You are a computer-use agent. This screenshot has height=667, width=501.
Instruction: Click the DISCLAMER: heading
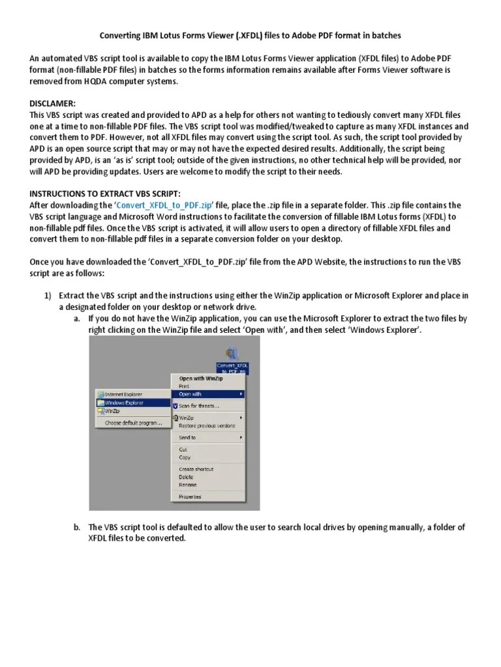click(53, 104)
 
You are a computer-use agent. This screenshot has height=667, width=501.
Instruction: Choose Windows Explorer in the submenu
click(124, 403)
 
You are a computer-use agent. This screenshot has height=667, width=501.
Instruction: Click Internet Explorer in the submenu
click(123, 395)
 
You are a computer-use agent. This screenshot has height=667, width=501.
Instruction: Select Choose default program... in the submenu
click(133, 423)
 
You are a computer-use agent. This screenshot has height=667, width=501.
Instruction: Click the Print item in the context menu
click(184, 386)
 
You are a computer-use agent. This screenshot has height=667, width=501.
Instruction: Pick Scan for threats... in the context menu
click(199, 406)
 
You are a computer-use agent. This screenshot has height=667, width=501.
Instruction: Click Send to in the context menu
click(187, 438)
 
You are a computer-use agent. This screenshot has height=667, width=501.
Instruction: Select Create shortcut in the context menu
click(196, 469)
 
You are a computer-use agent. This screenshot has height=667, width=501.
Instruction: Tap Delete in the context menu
click(186, 477)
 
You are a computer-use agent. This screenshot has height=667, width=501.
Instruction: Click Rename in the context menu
click(187, 485)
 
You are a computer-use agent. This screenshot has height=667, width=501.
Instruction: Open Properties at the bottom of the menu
click(190, 497)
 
